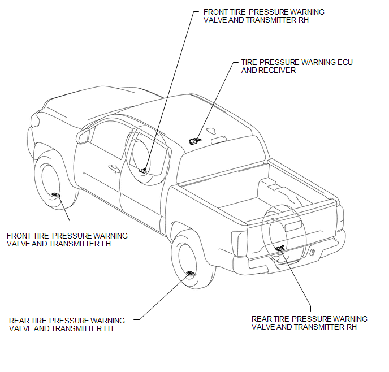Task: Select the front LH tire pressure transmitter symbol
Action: pos(55,194)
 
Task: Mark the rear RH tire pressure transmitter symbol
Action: pos(280,248)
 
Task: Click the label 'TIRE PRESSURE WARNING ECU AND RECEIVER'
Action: pos(297,66)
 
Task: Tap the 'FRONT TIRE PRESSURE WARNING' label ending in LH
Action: pos(67,240)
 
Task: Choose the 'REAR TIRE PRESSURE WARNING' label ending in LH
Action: pos(67,325)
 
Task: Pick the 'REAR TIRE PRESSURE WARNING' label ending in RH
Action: pos(309,323)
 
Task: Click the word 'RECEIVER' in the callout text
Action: pos(277,71)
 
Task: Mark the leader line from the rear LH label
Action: pos(162,299)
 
